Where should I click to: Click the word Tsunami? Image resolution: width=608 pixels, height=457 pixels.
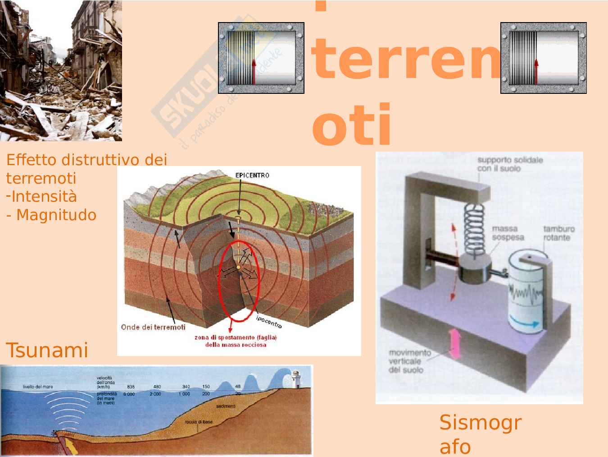(x=46, y=350)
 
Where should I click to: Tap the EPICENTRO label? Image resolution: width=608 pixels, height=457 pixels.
(x=252, y=175)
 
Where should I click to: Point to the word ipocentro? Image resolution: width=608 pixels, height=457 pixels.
(x=269, y=321)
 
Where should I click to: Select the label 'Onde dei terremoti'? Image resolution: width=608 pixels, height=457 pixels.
(x=153, y=327)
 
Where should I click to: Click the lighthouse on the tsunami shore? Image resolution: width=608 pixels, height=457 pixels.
(x=296, y=379)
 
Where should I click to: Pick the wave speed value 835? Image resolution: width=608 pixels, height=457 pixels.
(x=131, y=387)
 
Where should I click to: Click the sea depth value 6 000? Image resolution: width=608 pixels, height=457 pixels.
(x=129, y=394)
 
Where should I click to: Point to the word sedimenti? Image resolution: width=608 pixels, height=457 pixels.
(x=225, y=406)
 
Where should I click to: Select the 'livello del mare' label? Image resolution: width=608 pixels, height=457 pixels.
(x=38, y=387)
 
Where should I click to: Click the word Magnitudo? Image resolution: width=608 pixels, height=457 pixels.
(x=56, y=215)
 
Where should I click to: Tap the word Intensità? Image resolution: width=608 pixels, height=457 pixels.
(x=44, y=197)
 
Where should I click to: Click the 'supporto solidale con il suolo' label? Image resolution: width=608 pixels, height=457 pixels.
(x=509, y=164)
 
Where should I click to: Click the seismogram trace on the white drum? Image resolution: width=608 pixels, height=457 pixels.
(x=525, y=295)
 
